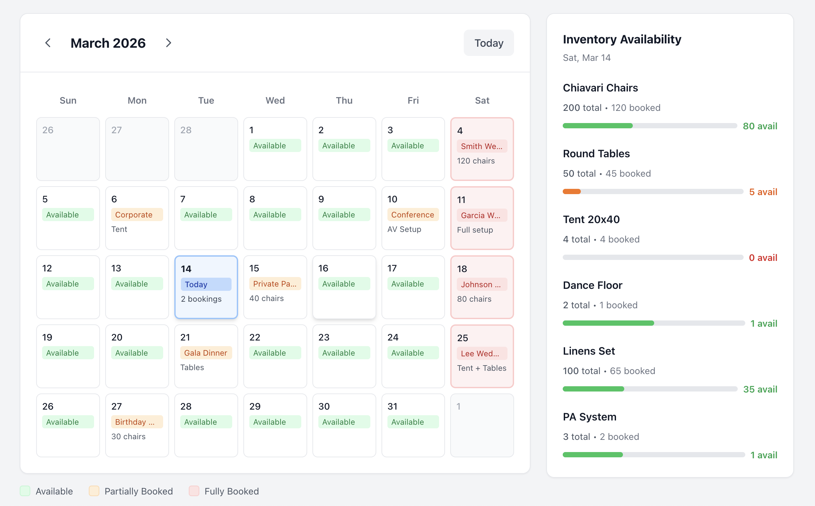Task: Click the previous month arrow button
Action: pos(48,43)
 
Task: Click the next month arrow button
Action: pos(168,43)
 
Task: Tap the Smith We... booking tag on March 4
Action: pos(482,146)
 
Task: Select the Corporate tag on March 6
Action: pos(137,215)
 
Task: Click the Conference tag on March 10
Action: pos(413,215)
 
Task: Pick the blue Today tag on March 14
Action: pos(206,285)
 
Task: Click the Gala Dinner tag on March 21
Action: pos(206,353)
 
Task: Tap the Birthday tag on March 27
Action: pos(137,422)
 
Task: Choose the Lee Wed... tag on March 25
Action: pos(482,353)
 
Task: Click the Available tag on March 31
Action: pos(413,422)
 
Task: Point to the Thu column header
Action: pos(344,100)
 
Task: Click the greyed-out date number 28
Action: pos(186,130)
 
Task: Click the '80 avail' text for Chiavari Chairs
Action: pos(760,126)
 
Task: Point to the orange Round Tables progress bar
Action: pos(572,192)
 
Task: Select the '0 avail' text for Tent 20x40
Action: pos(763,258)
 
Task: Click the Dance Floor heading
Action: pos(593,285)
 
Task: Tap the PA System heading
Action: pos(589,417)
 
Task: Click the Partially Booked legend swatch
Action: pos(94,491)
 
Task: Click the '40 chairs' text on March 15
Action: pos(266,298)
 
